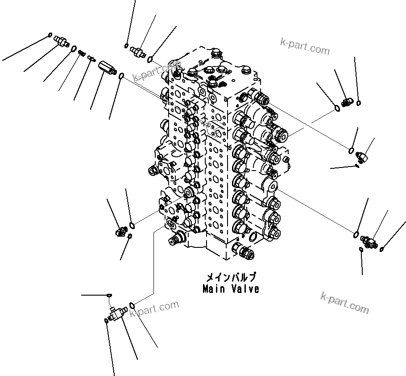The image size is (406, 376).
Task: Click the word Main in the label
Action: [x=213, y=289]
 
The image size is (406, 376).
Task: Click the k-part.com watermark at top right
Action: [x=305, y=46]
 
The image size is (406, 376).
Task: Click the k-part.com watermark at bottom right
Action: [x=344, y=302]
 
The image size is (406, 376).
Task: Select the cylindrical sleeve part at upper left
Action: [x=106, y=67]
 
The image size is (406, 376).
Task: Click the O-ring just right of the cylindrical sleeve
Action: [x=121, y=77]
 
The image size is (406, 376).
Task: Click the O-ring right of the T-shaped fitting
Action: [x=132, y=305]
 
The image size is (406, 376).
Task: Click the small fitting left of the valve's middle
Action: [x=121, y=231]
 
